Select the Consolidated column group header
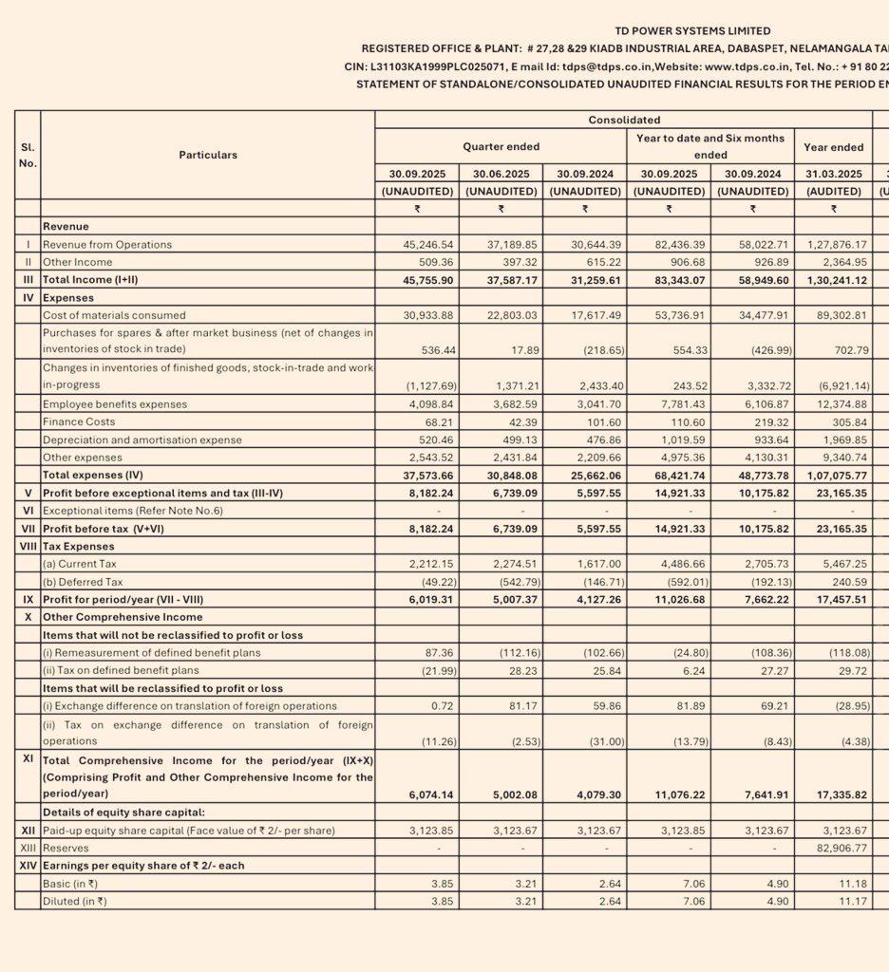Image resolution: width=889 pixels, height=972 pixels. (x=624, y=121)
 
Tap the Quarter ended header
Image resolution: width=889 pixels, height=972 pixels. (x=501, y=147)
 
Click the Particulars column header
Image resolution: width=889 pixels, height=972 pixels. (x=208, y=155)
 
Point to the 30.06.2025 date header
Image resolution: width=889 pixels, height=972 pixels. (x=501, y=174)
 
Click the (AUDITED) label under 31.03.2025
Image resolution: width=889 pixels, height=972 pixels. (x=833, y=191)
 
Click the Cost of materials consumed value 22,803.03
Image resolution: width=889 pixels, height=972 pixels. (x=502, y=315)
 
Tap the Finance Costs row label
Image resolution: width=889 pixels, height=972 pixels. (x=79, y=421)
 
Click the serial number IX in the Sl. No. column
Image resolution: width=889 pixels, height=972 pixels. (x=28, y=600)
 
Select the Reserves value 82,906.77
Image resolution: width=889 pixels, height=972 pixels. (x=833, y=848)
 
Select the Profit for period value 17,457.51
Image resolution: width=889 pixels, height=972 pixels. (x=833, y=600)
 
